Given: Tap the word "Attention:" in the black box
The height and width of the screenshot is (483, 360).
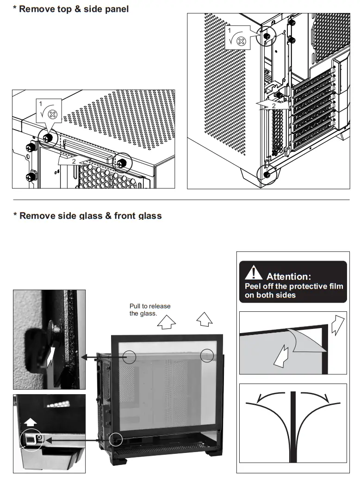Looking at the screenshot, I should (x=289, y=277).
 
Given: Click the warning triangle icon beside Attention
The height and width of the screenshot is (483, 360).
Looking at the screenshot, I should (x=253, y=273).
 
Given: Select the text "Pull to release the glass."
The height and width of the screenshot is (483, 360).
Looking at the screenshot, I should (x=149, y=310).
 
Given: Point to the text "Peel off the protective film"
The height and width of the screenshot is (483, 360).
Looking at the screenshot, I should (x=294, y=286).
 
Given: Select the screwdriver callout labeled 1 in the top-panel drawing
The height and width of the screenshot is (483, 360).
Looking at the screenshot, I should (x=49, y=111).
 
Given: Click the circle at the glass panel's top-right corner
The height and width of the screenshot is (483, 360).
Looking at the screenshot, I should (x=207, y=355).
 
